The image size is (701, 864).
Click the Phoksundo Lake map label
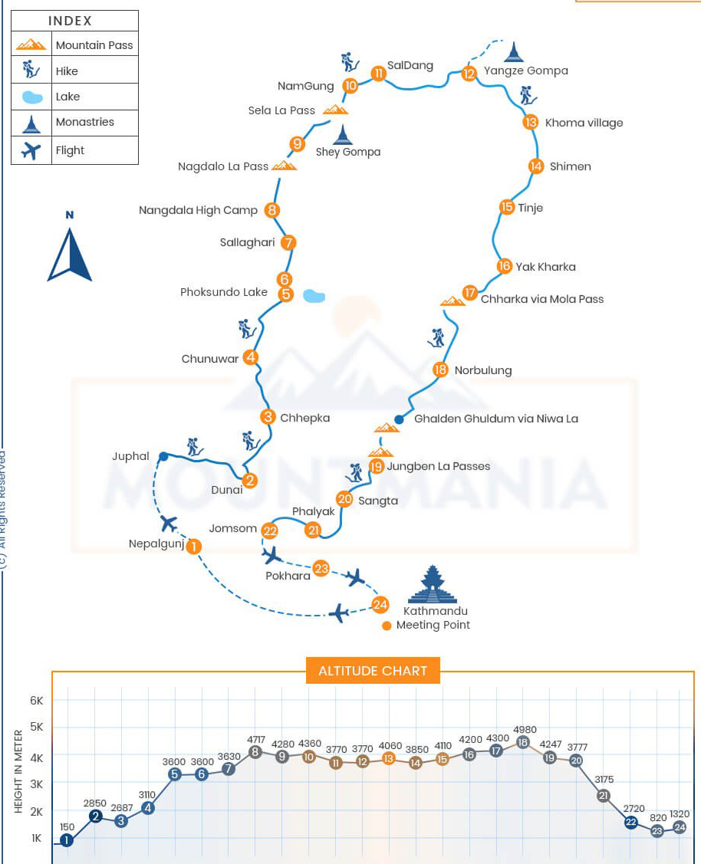click(x=224, y=292)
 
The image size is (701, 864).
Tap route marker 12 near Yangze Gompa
click(x=469, y=74)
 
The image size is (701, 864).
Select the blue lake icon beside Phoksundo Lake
click(x=313, y=295)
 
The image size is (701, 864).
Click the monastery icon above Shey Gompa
click(x=342, y=135)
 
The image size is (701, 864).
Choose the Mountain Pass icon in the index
click(x=31, y=45)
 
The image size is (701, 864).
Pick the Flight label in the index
click(x=70, y=150)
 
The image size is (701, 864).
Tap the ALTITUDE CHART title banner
click(x=373, y=671)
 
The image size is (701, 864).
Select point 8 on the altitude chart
click(x=255, y=752)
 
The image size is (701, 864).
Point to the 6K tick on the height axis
click(x=37, y=701)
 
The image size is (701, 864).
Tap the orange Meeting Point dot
click(x=387, y=626)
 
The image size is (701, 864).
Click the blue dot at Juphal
click(x=163, y=457)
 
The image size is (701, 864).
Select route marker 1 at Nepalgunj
click(x=194, y=547)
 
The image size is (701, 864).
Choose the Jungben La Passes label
click(x=438, y=466)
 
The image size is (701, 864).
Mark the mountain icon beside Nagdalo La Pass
click(x=284, y=166)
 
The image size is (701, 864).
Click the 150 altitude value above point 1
click(x=67, y=826)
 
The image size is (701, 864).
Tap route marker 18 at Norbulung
click(x=439, y=370)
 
